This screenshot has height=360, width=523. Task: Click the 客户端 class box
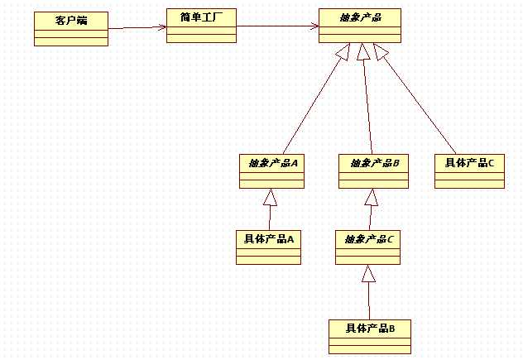(71, 29)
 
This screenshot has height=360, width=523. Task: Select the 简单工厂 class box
(201, 26)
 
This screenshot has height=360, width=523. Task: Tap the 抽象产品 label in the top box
(360, 17)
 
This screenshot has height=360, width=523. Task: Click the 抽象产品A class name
(273, 163)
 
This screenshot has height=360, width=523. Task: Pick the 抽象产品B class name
(374, 163)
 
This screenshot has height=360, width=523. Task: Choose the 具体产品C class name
(469, 163)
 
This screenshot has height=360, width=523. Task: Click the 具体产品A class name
(269, 239)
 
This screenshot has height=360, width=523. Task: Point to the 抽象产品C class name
(368, 239)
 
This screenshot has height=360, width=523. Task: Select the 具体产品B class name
(370, 329)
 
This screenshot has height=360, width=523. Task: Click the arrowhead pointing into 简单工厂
(162, 27)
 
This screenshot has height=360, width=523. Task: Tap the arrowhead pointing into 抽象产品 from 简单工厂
(314, 26)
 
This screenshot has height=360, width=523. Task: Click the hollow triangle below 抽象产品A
(270, 197)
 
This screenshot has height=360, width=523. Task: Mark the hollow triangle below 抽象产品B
(372, 197)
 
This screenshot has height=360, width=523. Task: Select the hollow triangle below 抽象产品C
(368, 273)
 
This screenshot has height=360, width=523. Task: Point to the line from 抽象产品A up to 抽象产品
(312, 107)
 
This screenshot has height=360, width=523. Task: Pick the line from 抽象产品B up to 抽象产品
(368, 107)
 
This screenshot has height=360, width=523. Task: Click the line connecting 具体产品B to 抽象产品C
(369, 300)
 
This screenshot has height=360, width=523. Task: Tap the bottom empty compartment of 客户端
(71, 41)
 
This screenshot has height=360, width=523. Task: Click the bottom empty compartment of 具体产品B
(370, 349)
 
